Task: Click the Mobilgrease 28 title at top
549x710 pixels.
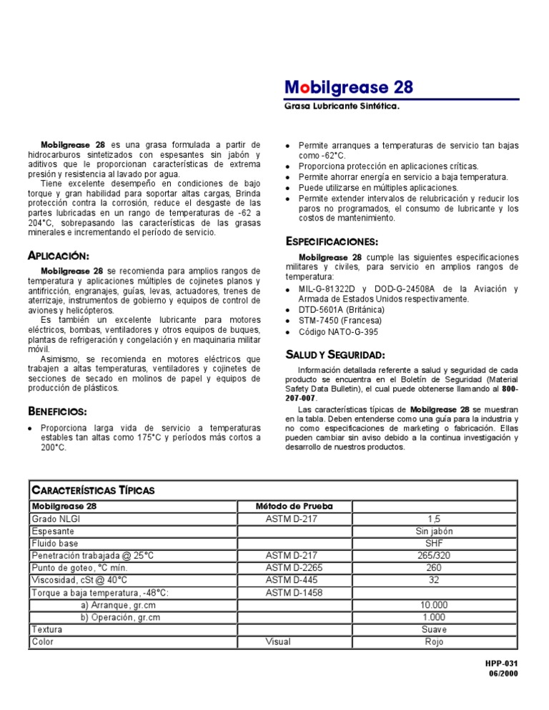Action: click(349, 87)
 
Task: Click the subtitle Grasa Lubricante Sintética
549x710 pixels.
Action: click(342, 106)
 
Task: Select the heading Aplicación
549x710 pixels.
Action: click(58, 256)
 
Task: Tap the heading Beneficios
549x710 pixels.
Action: click(57, 411)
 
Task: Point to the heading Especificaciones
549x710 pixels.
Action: click(332, 241)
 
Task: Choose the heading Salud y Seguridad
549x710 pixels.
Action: click(335, 354)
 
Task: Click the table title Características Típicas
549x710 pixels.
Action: click(93, 490)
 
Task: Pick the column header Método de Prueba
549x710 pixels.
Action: click(294, 506)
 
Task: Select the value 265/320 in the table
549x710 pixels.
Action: click(433, 555)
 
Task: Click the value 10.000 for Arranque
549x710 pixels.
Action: click(433, 604)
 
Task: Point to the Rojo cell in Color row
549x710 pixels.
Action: click(433, 641)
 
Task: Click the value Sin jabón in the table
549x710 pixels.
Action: click(433, 531)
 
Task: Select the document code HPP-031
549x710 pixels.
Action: click(501, 664)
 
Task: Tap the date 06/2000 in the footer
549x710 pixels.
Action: click(503, 674)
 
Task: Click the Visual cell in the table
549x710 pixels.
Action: click(278, 641)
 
